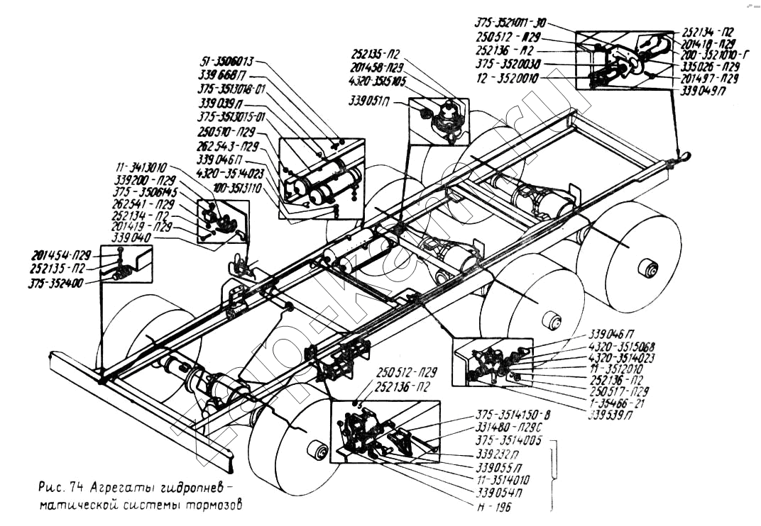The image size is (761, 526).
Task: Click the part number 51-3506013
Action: click(x=229, y=62)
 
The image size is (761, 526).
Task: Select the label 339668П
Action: click(x=223, y=75)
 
